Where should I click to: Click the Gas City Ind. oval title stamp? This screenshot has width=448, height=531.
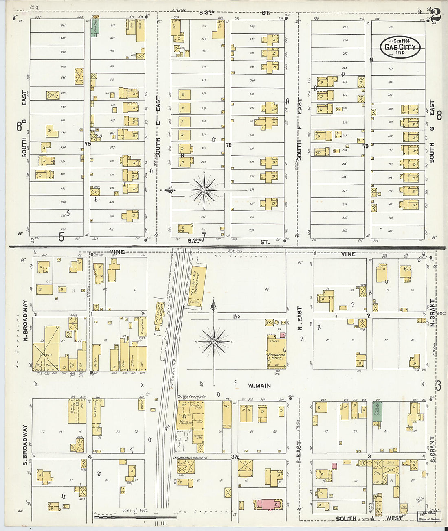tap(400, 47)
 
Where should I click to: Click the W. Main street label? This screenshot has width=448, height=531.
tap(259, 385)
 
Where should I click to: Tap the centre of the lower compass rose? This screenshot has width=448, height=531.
tap(213, 341)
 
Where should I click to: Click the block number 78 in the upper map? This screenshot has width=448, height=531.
tap(228, 144)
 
